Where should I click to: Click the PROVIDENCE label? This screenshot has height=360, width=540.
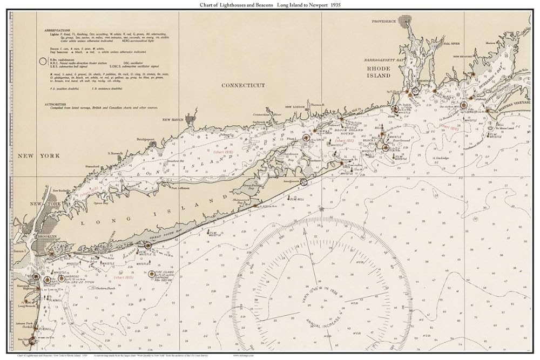pos(384,21)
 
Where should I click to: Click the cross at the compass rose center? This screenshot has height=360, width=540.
pos(322,307)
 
